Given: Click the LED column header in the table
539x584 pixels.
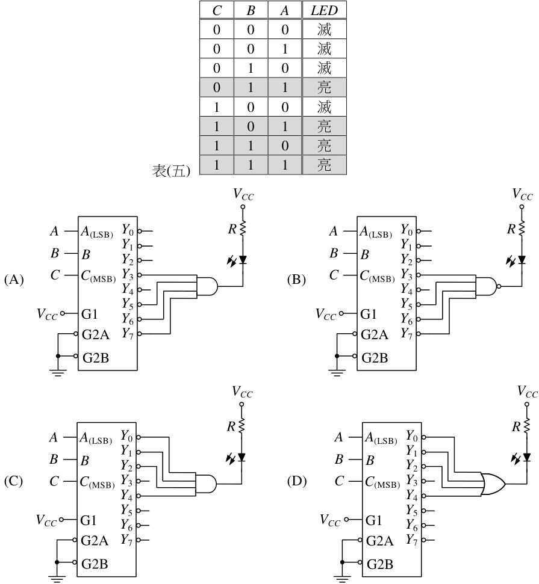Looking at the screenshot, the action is (324, 10).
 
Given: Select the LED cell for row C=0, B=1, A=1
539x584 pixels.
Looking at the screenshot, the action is (324, 88).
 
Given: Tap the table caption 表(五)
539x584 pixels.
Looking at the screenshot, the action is (171, 171).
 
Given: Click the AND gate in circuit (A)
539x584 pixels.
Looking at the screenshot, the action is (207, 286).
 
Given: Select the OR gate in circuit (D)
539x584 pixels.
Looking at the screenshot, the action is (493, 484).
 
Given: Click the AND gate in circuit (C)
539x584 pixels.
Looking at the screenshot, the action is (205, 484).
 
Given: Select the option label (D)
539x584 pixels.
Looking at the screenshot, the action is (296, 481).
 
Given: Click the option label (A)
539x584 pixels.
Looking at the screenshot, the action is (14, 279).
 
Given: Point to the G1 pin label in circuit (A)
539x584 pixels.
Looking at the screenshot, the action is (90, 314).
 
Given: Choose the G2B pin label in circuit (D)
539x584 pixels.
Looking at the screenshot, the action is (380, 564).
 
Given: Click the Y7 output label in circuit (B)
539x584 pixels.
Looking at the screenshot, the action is (407, 334).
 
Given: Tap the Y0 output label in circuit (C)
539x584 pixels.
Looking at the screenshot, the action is (126, 435).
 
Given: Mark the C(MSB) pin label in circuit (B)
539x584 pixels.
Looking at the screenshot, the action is (377, 276).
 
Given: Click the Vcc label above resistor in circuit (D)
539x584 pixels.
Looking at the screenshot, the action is (528, 392).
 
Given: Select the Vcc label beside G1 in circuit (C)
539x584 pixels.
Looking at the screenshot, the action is (46, 520).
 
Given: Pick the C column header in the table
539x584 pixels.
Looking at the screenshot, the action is (217, 10).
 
